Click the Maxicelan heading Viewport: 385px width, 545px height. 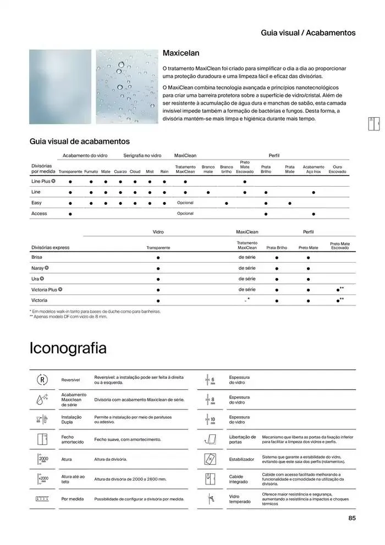181,53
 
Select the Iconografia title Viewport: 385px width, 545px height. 68,348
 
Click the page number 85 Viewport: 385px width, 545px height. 352,517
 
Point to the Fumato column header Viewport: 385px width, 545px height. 91,172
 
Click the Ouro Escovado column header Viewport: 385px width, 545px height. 337,169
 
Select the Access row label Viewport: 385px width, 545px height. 39,214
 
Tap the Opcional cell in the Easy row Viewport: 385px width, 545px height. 185,203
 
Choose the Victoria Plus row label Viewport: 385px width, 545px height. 45,289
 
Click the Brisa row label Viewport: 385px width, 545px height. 37,257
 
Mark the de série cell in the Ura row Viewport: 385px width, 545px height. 247,279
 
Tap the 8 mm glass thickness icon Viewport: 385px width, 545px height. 211,400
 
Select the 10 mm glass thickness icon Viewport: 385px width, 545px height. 211,419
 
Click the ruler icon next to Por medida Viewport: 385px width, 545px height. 43,499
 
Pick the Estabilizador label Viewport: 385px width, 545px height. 241,459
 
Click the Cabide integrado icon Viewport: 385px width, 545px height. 211,478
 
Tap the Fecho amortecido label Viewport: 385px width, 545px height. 72,439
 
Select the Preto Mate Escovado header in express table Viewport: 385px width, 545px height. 339,246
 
